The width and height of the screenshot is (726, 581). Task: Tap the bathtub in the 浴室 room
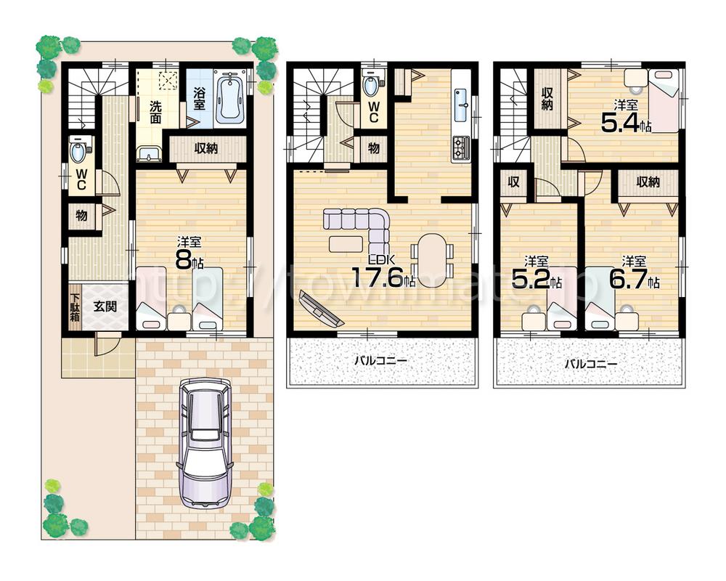click(x=230, y=96)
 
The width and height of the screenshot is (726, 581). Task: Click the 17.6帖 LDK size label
click(x=383, y=277)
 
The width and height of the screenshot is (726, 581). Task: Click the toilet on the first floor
click(x=78, y=153)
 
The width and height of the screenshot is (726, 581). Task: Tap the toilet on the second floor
click(x=372, y=86)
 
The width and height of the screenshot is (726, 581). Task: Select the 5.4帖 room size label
click(x=625, y=122)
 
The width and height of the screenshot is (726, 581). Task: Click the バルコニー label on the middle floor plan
click(x=381, y=360)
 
